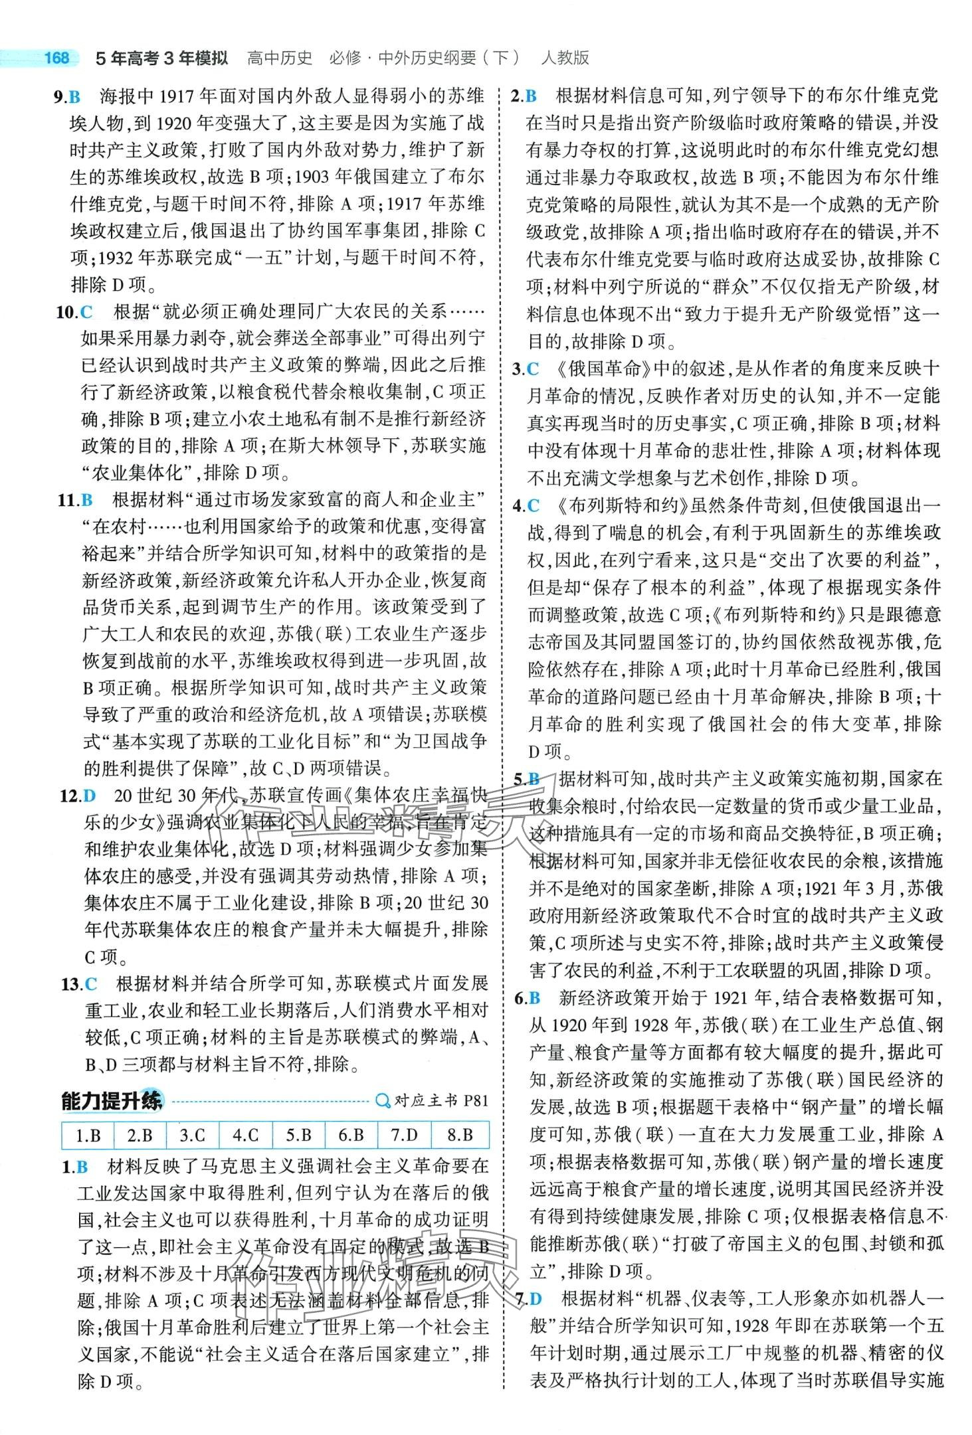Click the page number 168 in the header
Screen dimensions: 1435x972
pyautogui.click(x=56, y=58)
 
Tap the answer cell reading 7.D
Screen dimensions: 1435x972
pyautogui.click(x=403, y=1135)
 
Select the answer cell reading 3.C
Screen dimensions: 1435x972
pyautogui.click(x=192, y=1135)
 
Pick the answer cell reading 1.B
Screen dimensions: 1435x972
pyautogui.click(x=88, y=1135)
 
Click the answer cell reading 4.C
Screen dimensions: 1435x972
pyautogui.click(x=245, y=1135)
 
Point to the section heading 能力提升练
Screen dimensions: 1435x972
pyautogui.click(x=111, y=1101)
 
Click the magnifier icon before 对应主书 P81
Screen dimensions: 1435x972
pyautogui.click(x=383, y=1101)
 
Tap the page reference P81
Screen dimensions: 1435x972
pyautogui.click(x=476, y=1101)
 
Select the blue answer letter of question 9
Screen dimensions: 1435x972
pyautogui.click(x=74, y=97)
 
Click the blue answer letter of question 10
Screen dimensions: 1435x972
pyautogui.click(x=86, y=311)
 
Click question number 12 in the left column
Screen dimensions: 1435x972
pyautogui.click(x=69, y=796)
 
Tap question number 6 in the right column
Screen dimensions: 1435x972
pyautogui.click(x=518, y=997)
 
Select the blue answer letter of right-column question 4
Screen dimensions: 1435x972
pyautogui.click(x=534, y=506)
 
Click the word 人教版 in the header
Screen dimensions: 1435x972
pyautogui.click(x=565, y=58)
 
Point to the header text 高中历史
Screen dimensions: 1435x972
pyautogui.click(x=279, y=58)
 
